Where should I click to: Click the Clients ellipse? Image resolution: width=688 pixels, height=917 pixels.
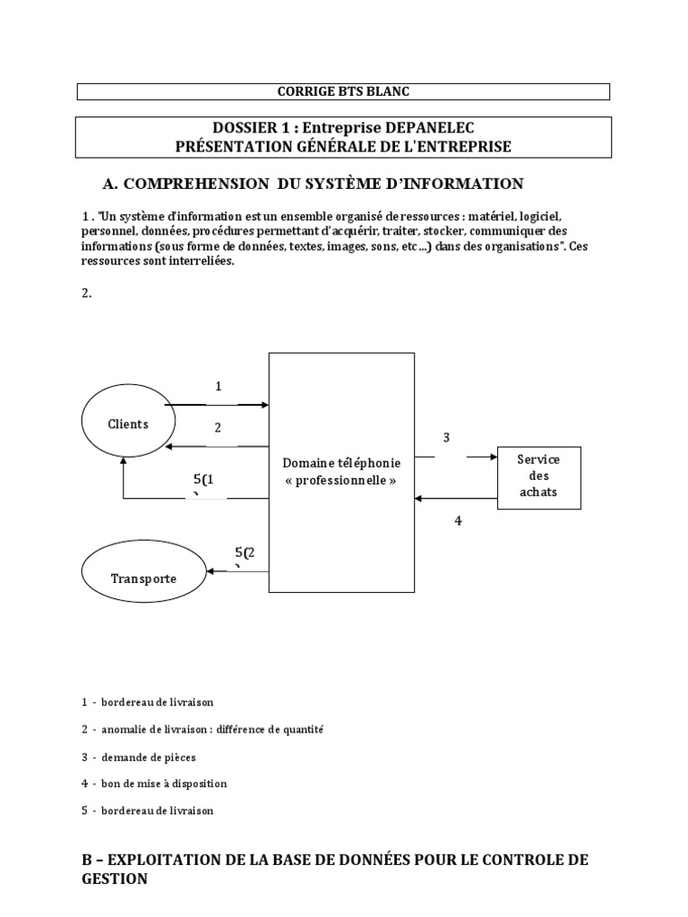128,424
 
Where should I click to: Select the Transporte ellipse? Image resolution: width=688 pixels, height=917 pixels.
143,578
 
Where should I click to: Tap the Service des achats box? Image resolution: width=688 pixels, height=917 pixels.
538,476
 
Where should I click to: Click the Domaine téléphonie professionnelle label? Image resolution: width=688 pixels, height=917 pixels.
342,472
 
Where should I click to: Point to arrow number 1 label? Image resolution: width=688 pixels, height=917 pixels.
218,386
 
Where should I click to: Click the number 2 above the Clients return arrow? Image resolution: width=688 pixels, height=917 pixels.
218,428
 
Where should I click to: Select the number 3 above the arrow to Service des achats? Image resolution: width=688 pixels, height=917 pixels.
446,438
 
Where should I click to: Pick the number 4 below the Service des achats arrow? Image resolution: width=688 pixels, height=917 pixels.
458,520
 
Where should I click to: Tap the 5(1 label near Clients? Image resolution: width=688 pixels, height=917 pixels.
203,481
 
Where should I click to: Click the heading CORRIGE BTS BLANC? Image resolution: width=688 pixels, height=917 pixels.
343,91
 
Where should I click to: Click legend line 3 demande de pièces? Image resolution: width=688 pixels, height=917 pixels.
139,757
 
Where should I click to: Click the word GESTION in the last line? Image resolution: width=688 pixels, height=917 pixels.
115,879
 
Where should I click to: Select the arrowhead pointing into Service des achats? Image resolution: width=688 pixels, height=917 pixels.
493,457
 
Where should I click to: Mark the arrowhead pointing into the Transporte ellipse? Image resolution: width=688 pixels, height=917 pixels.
208,571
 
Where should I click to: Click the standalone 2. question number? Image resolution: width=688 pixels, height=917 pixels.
87,292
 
